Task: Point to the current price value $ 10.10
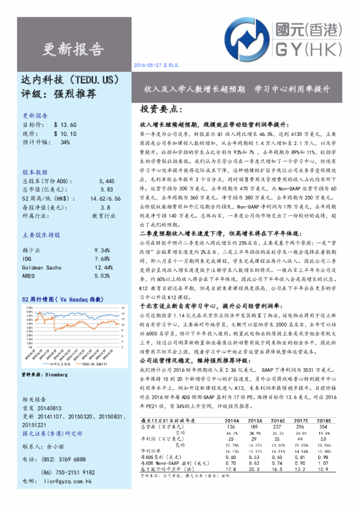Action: (x=65, y=133)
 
